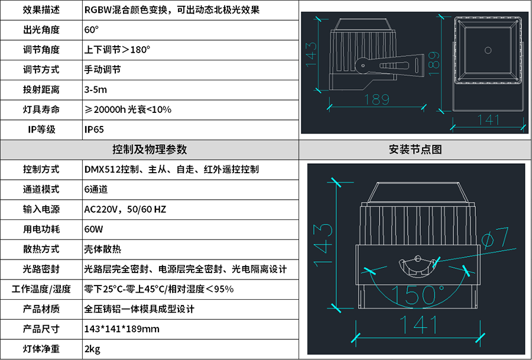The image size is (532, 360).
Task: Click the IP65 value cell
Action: tap(94, 129)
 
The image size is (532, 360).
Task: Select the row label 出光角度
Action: tap(41, 30)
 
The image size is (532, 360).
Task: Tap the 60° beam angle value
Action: tap(92, 30)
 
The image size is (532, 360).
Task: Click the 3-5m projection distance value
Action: tap(96, 90)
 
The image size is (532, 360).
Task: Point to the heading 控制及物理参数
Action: tap(150, 150)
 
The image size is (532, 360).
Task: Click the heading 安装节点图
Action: tap(416, 150)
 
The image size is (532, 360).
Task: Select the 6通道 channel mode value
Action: tap(96, 190)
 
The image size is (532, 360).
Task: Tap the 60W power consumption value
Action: tap(94, 229)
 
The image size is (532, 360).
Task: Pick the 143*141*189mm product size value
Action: tap(122, 329)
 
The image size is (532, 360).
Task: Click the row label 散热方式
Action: tap(41, 249)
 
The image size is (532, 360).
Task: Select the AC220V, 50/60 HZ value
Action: tap(125, 210)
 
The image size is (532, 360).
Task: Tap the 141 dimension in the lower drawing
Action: tap(417, 325)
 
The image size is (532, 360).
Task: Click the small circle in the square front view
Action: tap(488, 49)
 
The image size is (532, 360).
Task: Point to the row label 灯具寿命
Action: tap(41, 109)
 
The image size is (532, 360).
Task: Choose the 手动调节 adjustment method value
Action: tap(103, 70)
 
